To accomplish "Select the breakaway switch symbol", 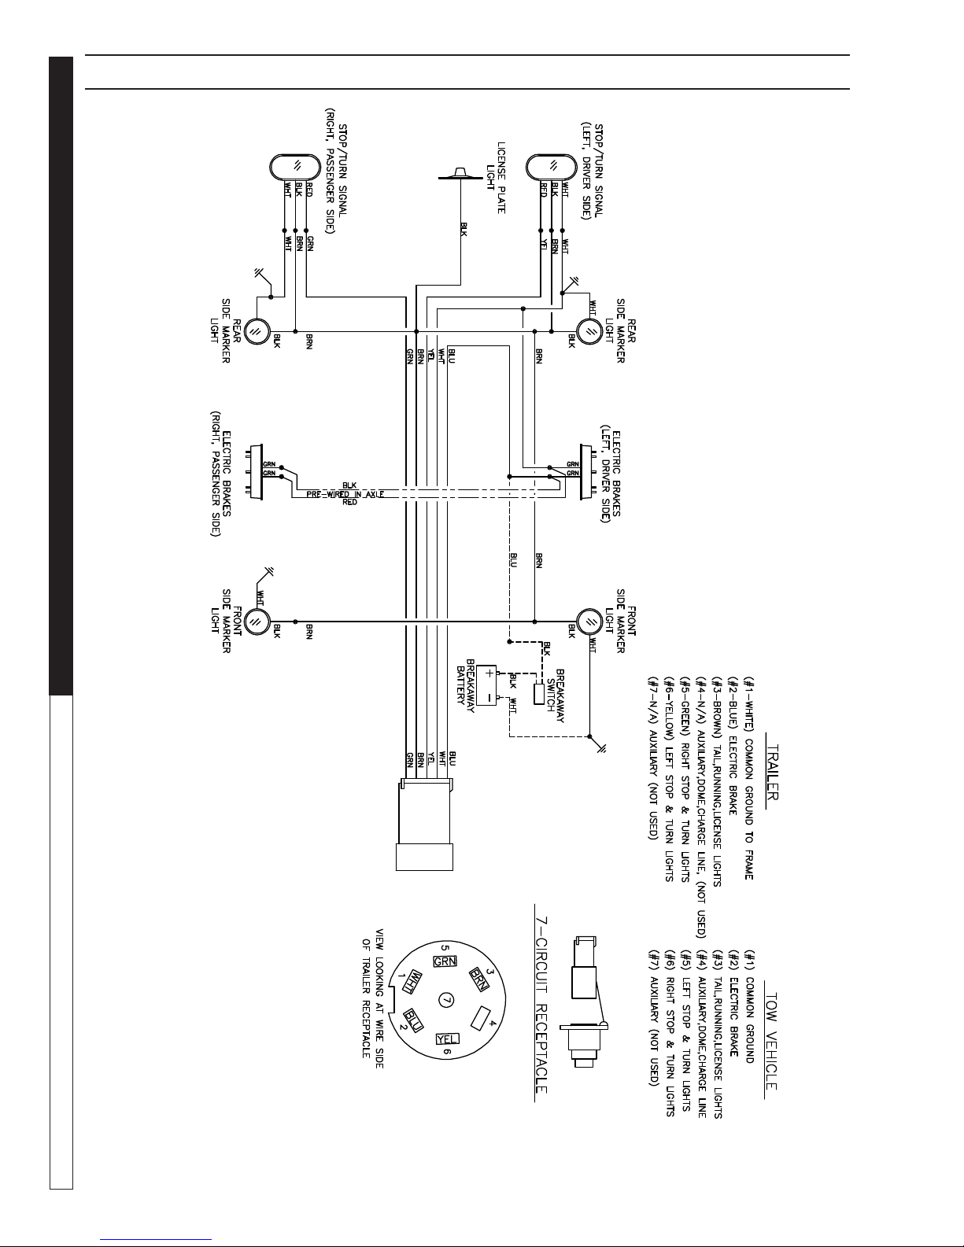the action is tap(538, 693).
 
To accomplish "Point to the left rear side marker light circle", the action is tap(588, 331).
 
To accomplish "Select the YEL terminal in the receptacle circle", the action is tap(448, 1038).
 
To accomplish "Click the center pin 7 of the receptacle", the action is tap(447, 999).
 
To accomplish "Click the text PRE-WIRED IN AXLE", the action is tap(344, 493).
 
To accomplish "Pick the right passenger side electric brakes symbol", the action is tap(253, 470).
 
